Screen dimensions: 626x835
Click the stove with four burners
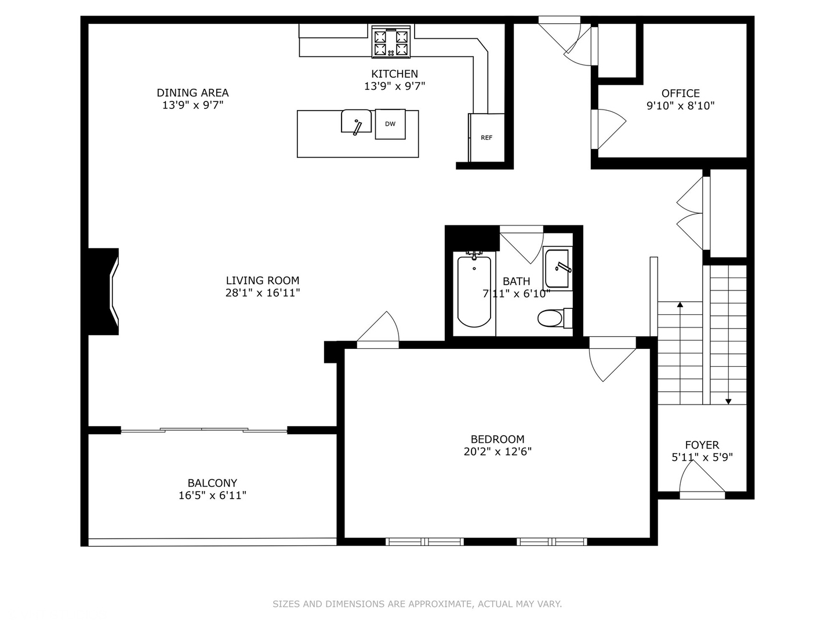[391, 42]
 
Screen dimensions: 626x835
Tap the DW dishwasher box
[390, 124]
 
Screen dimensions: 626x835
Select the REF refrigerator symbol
[487, 138]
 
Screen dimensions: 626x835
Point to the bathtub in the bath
[474, 291]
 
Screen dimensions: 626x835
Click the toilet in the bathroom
[551, 318]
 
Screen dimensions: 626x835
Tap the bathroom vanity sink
[557, 268]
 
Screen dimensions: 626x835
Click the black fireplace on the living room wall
[103, 292]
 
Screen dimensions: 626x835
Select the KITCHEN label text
[394, 74]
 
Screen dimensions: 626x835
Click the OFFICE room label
[680, 93]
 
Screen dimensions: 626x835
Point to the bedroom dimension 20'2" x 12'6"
[498, 452]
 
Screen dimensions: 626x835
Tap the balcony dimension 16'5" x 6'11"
[212, 496]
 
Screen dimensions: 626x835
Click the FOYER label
[702, 445]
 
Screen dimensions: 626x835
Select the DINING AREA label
[193, 93]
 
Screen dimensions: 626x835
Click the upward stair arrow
[680, 304]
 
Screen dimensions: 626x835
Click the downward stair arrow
[728, 401]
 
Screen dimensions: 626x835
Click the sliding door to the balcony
[203, 430]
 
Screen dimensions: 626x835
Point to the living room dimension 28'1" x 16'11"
[262, 293]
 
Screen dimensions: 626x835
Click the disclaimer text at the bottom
[417, 604]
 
